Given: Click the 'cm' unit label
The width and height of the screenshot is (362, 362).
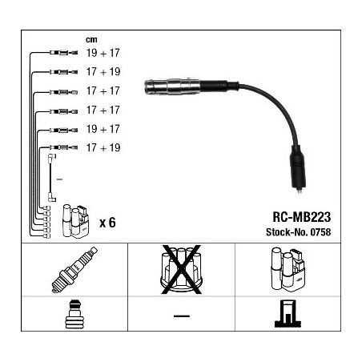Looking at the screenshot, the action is [91, 40].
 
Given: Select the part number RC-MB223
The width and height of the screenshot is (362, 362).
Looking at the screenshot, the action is [301, 217].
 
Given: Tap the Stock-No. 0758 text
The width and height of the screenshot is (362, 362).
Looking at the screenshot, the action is [298, 232].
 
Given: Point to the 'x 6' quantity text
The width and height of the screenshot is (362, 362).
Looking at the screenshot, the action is [107, 223].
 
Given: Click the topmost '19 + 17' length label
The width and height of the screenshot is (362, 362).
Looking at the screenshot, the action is [103, 53].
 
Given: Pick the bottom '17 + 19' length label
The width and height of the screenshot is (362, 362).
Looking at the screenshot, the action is [103, 147].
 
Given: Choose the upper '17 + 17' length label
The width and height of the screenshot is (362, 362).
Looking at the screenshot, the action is [103, 90].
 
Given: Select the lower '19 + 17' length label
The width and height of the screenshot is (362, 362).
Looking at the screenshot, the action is [103, 129].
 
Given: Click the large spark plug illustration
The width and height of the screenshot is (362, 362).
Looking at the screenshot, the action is [74, 270].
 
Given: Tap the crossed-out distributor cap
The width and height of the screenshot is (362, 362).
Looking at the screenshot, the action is [181, 269].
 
